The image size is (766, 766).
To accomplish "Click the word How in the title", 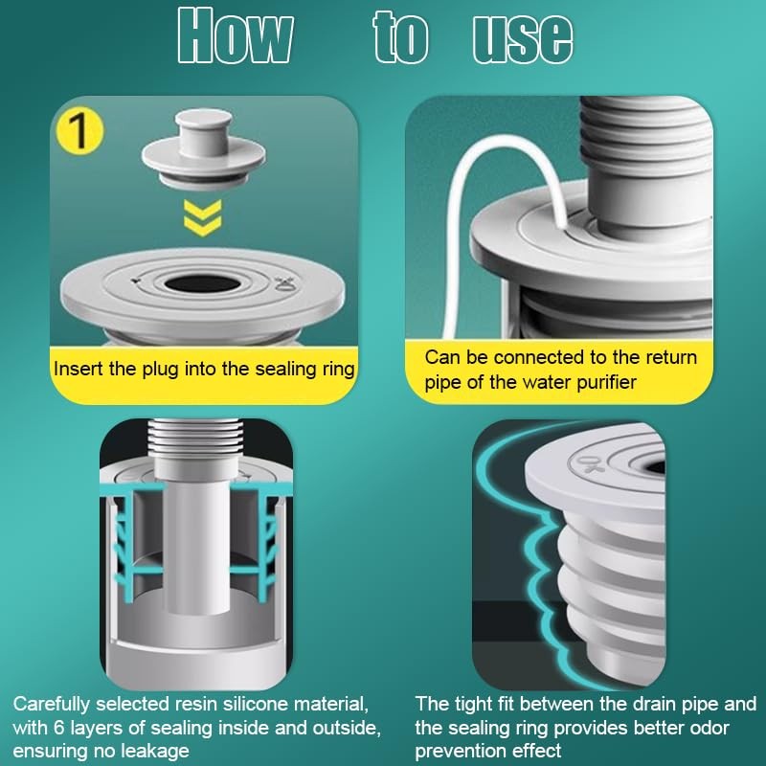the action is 235,36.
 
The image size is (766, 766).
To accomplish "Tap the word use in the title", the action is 523,39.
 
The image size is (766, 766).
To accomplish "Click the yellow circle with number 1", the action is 79,131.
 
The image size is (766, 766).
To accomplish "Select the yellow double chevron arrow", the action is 203,217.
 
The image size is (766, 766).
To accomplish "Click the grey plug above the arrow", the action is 204,148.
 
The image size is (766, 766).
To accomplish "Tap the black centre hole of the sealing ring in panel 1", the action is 202,283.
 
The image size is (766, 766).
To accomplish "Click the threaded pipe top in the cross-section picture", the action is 195,434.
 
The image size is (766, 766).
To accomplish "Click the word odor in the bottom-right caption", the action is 710,728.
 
